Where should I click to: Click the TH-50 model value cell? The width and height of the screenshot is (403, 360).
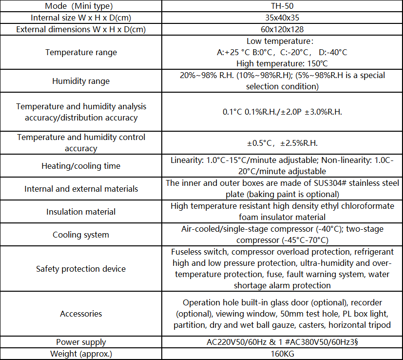(x=282, y=6)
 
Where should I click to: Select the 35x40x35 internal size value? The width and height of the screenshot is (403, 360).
(x=282, y=18)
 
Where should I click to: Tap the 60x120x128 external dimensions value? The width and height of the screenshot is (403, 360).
(x=282, y=29)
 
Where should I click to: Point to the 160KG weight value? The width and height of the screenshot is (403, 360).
(x=282, y=354)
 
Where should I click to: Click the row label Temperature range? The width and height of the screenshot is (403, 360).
(x=81, y=52)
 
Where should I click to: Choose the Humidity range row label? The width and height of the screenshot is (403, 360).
(x=81, y=81)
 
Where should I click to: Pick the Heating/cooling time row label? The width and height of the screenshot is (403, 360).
(x=81, y=166)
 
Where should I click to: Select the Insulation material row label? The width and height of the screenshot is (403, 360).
(x=81, y=212)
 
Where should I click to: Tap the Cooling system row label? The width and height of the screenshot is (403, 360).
(x=81, y=235)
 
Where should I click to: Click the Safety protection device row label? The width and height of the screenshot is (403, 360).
(x=81, y=269)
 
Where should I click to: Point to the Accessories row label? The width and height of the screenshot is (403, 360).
(x=81, y=314)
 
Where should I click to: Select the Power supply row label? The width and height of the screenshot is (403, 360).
(x=81, y=342)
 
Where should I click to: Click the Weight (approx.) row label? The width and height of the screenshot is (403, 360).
(x=81, y=354)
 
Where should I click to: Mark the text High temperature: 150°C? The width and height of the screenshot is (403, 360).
(x=282, y=63)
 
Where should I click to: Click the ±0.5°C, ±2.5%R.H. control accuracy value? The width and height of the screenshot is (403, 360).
(x=282, y=143)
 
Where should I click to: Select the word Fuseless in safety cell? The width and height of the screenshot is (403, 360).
(x=186, y=252)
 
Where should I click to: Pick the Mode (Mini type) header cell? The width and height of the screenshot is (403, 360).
(x=81, y=6)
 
